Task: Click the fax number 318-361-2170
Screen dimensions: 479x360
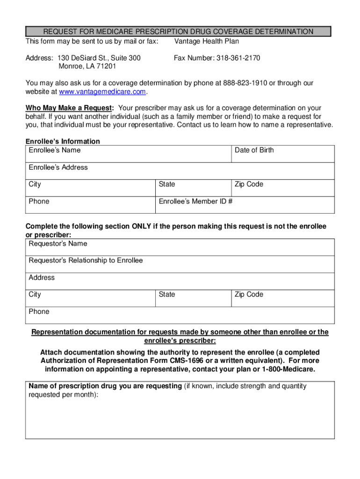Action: [x=238, y=58]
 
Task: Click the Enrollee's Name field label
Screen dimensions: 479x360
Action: [x=55, y=150]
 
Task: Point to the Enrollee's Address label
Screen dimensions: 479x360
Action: [x=58, y=167]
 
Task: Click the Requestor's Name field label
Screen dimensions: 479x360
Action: [x=58, y=244]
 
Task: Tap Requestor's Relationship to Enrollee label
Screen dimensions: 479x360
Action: [x=86, y=261]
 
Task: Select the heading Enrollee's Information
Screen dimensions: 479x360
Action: [x=63, y=141]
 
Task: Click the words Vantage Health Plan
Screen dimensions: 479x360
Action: [x=206, y=42]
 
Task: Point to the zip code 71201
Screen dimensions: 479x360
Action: [x=108, y=66]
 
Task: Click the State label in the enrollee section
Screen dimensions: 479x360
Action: [x=167, y=184]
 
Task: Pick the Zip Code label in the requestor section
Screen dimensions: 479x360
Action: [x=249, y=294]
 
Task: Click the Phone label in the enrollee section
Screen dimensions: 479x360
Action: [x=39, y=202]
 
